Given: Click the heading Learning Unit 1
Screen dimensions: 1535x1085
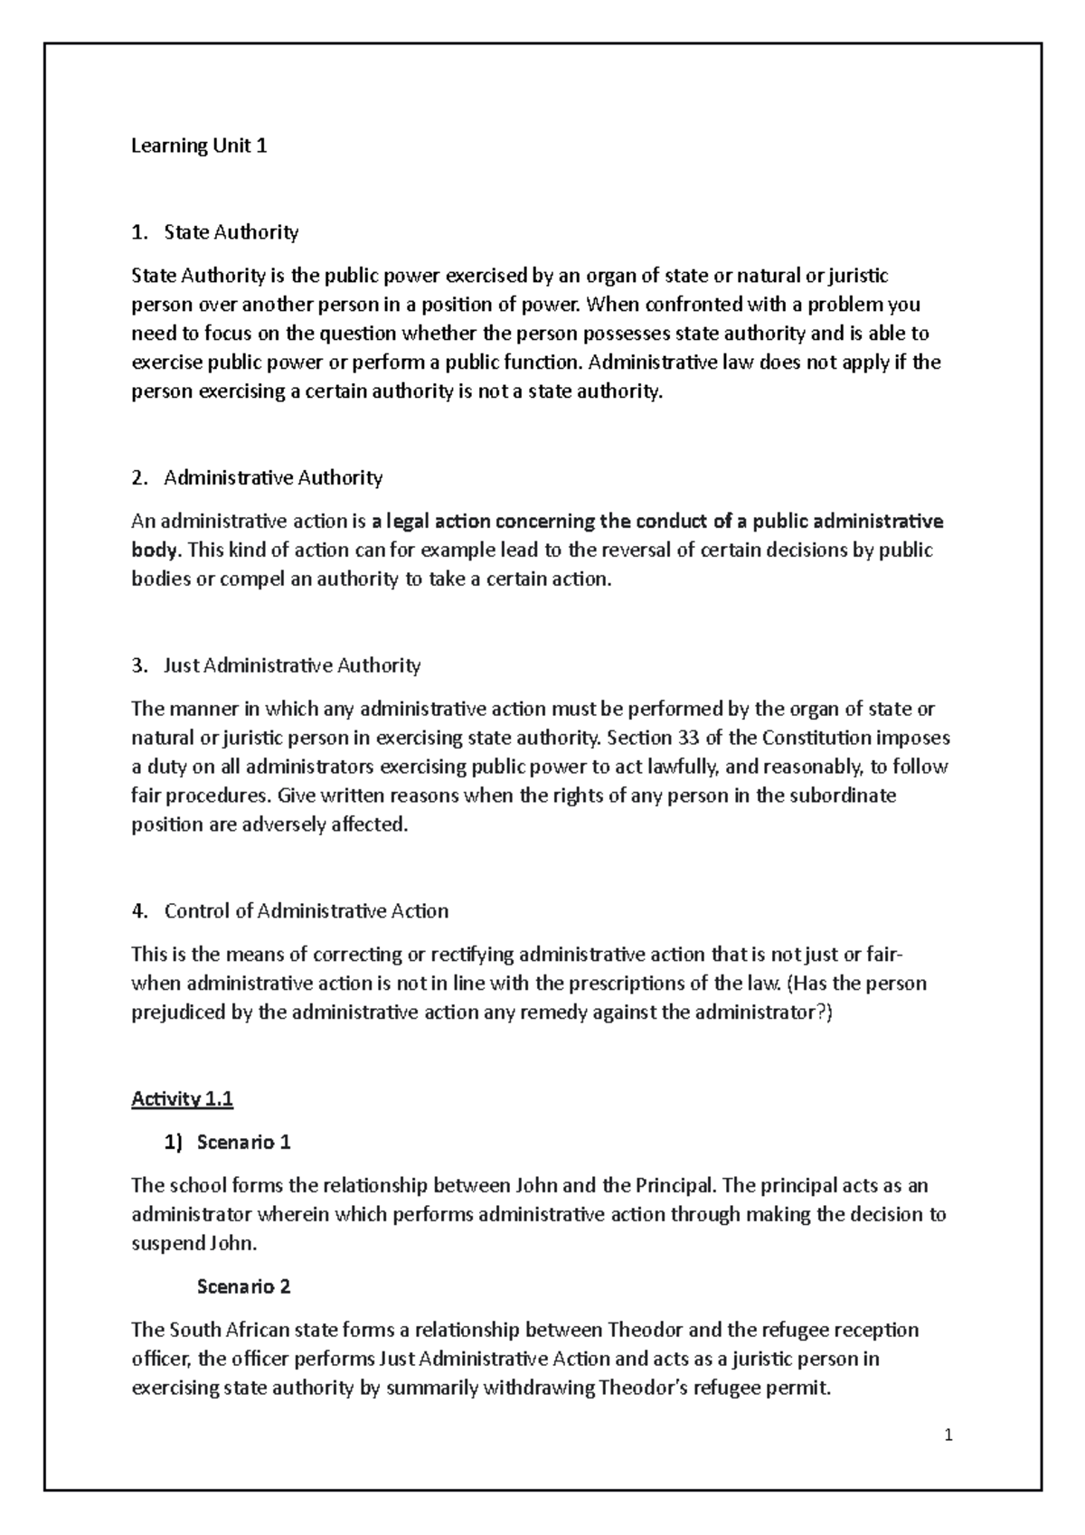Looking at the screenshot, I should pyautogui.click(x=199, y=146).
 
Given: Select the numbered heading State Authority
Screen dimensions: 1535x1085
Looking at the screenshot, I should pyautogui.click(x=231, y=232).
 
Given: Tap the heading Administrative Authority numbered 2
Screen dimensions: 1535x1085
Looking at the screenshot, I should pyautogui.click(x=273, y=477).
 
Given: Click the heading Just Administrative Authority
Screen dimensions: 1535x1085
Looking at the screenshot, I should pyautogui.click(x=292, y=666).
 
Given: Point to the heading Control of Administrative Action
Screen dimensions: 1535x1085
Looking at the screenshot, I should pyautogui.click(x=306, y=911).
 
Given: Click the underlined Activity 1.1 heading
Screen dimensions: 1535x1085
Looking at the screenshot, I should pyautogui.click(x=182, y=1099).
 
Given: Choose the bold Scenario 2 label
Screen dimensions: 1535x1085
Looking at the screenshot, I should pyautogui.click(x=243, y=1287).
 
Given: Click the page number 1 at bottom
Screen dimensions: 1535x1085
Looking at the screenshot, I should pyautogui.click(x=948, y=1435).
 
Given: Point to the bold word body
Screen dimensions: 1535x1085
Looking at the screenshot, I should pyautogui.click(x=156, y=551).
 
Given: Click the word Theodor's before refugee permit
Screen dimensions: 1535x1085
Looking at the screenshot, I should pyautogui.click(x=644, y=1388).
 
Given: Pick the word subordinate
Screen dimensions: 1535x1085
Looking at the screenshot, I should pyautogui.click(x=844, y=796).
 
